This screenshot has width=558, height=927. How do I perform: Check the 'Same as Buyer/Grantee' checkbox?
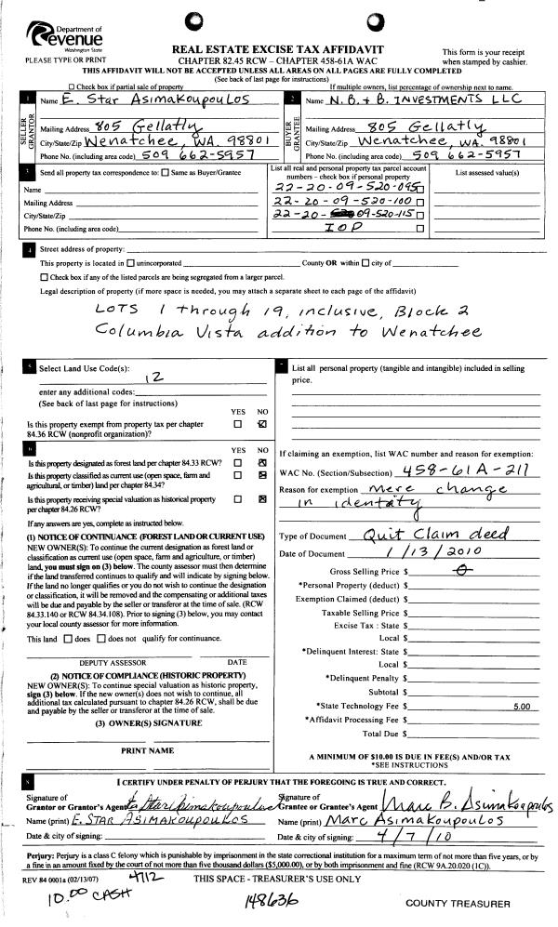coord(166,173)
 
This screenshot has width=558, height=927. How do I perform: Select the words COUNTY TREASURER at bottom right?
coord(458,904)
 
